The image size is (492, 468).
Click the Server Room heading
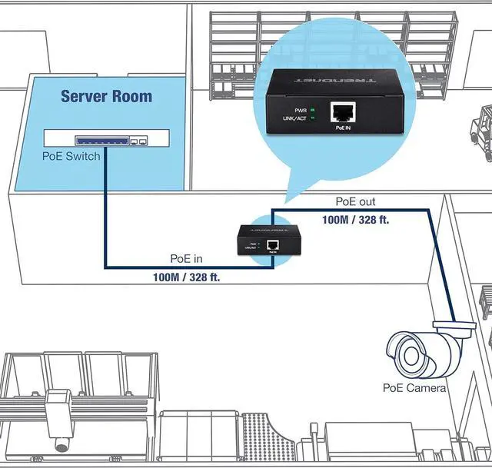106,97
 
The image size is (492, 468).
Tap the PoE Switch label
71,156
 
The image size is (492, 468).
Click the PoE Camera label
414,388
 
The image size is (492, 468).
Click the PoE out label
355,203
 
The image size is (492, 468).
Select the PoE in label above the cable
186,259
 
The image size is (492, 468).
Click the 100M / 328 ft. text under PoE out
355,220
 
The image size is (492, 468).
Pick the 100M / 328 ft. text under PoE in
186,276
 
